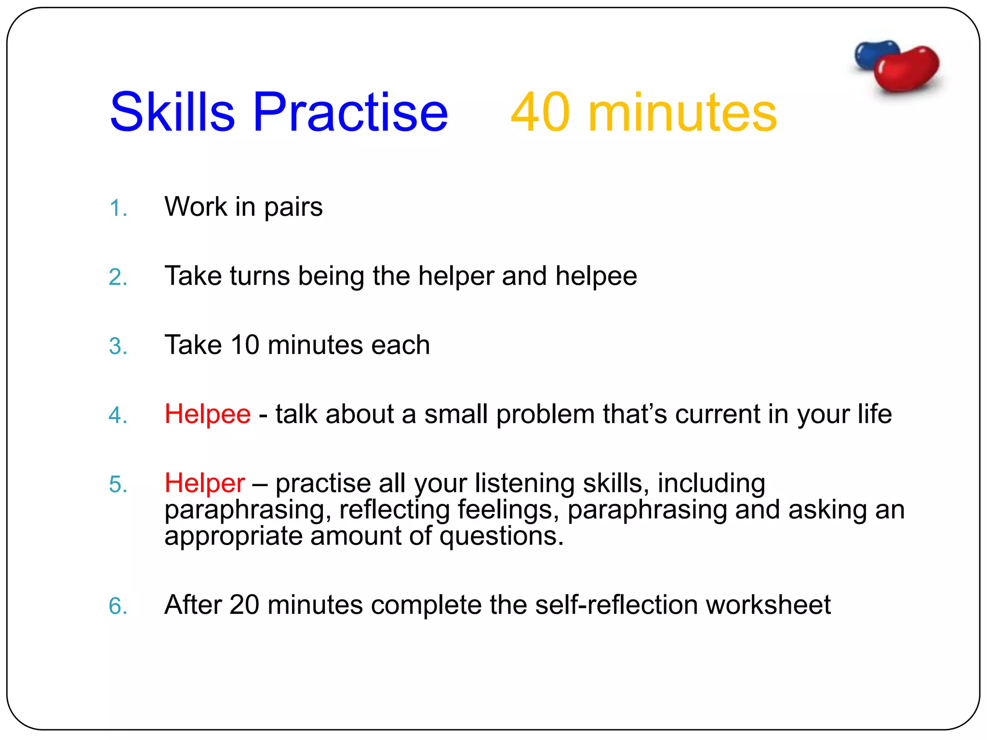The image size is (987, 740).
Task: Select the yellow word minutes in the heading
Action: click(x=682, y=113)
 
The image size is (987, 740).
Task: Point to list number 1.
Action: click(x=117, y=209)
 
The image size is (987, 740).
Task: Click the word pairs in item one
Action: click(x=293, y=208)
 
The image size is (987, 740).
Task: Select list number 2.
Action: click(x=117, y=277)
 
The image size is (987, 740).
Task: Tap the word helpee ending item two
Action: click(x=596, y=276)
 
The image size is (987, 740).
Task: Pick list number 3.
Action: click(x=117, y=346)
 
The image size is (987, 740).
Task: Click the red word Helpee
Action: click(x=207, y=414)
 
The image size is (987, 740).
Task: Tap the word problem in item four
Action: click(x=545, y=415)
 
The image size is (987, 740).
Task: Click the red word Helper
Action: click(x=204, y=483)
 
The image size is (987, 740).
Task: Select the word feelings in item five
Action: click(x=507, y=510)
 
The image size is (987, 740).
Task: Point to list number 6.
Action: click(x=117, y=606)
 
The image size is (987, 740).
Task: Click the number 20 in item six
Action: click(x=244, y=605)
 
